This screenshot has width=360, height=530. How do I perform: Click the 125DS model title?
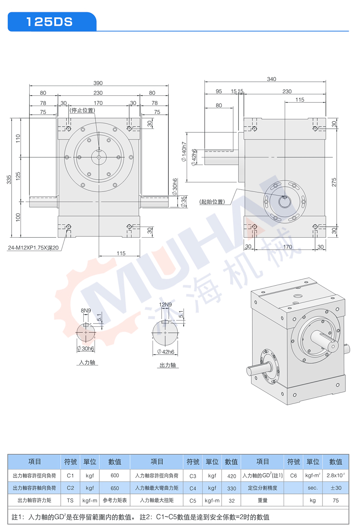49,22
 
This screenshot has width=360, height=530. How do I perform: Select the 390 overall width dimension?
98,83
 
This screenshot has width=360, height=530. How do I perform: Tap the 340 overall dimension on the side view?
271,79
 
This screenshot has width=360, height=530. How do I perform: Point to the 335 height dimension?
9,180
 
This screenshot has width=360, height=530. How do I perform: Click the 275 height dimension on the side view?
334,182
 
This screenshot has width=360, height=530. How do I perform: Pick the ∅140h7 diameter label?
184,152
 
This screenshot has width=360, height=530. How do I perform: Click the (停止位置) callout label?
82,110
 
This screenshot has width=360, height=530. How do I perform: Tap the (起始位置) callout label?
212,202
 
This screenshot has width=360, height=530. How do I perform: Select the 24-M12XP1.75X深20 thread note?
33,248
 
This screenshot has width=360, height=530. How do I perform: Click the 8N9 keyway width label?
86,310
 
